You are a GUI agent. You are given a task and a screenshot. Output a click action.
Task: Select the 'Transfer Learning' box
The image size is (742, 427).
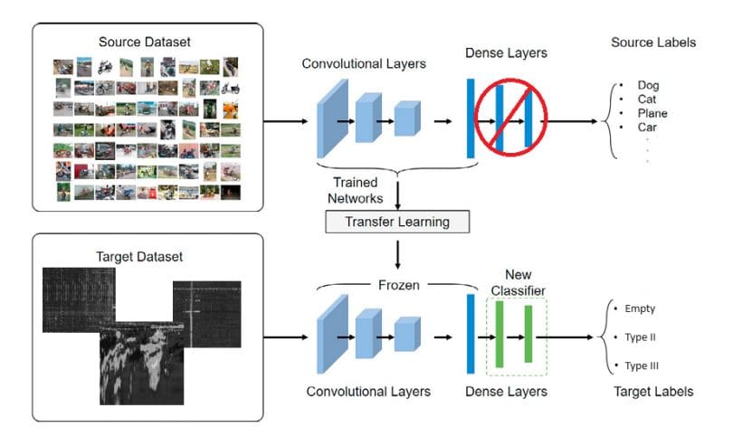399,221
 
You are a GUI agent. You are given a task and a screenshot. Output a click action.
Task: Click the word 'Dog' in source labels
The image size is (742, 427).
648,85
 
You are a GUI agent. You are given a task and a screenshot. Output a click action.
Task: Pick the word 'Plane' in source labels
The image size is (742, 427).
652,114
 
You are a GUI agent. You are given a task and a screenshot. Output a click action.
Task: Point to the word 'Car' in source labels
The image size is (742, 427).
647,128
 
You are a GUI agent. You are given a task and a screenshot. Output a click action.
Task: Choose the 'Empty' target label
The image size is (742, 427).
640,308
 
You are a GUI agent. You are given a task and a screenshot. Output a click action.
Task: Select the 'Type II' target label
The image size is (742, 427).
641,337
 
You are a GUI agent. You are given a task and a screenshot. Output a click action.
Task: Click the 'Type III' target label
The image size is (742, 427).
642,365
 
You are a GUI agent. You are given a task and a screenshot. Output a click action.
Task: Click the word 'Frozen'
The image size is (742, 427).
399,285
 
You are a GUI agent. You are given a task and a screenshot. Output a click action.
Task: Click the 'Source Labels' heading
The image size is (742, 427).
653,43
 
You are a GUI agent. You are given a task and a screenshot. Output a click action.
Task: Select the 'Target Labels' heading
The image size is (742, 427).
653,392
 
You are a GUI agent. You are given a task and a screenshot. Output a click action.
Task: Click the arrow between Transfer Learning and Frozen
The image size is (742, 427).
399,253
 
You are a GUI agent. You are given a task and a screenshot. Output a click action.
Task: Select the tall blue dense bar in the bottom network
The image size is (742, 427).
470,335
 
